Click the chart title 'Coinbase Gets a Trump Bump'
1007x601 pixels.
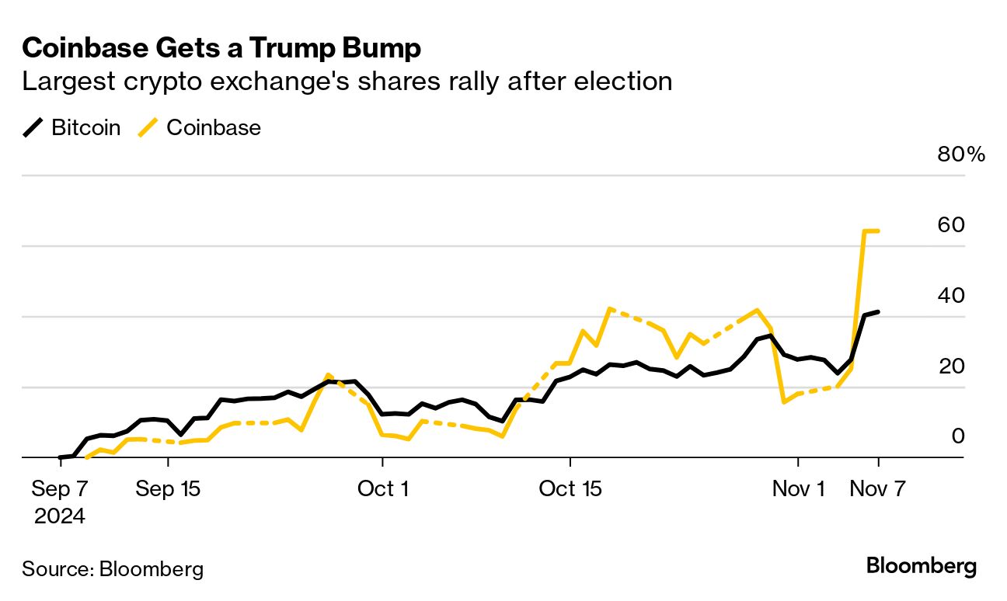(221, 49)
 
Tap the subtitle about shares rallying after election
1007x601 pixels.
(347, 82)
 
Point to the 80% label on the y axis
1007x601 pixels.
(961, 155)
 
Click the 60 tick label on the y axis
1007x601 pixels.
(952, 225)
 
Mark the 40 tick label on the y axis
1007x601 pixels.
(952, 296)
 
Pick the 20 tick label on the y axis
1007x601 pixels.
(952, 366)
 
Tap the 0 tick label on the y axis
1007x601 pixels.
(957, 436)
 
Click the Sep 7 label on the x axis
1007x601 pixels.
(60, 489)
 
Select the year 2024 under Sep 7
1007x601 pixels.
(60, 516)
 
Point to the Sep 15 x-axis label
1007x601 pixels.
(168, 489)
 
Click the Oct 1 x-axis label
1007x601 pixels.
(382, 489)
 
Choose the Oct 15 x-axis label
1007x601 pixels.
(570, 489)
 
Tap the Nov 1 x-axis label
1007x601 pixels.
(798, 489)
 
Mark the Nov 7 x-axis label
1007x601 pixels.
(878, 489)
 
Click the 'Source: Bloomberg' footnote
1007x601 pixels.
(113, 569)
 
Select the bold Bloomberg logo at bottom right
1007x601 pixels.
(922, 566)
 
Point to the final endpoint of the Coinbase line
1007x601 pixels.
(878, 231)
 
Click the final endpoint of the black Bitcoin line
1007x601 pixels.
(878, 312)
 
